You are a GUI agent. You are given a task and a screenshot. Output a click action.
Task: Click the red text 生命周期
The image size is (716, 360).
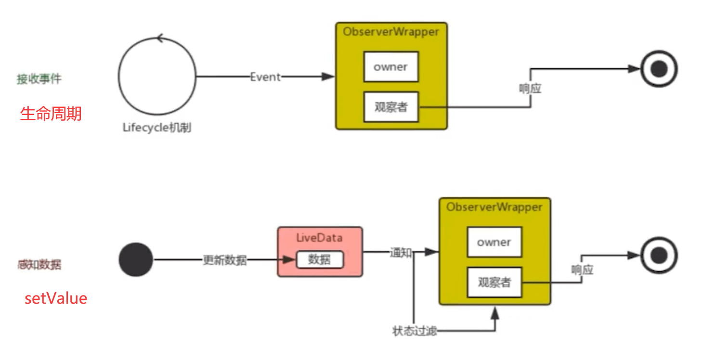pos(51,114)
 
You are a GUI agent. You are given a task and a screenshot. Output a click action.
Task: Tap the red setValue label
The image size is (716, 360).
pos(56,298)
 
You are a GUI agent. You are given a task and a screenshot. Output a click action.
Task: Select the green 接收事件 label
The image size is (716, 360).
pos(39,79)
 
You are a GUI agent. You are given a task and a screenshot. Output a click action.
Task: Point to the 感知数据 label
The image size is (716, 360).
pos(39,264)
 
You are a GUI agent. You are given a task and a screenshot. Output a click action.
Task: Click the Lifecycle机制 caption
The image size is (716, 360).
pos(157,128)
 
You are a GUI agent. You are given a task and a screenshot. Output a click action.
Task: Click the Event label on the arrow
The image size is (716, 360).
pos(265,77)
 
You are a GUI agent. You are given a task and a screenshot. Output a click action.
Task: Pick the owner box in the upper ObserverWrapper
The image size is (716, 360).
pos(391,67)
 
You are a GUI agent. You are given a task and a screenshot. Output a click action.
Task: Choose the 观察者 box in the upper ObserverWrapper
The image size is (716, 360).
pos(391,107)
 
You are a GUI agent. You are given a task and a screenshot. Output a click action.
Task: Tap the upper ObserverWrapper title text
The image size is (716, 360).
pos(391,32)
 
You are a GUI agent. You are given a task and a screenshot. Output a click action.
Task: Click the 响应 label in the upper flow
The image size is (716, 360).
pos(530,89)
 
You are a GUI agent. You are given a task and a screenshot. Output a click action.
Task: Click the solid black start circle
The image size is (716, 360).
pos(136,259)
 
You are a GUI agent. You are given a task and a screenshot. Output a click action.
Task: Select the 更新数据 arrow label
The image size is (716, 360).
pos(225,260)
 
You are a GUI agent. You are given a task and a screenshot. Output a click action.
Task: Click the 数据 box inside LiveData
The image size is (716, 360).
pos(319,260)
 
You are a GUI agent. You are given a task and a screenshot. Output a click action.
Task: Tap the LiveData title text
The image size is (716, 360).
pos(320,238)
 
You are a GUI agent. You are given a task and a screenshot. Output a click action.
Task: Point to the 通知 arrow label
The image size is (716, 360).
pos(401,252)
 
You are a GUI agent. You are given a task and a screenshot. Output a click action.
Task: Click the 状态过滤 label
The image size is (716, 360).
pos(415,331)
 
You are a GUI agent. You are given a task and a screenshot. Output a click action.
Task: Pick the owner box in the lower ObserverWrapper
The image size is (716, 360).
pos(494,242)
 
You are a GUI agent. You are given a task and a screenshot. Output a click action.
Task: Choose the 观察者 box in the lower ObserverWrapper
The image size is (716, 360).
pos(494,282)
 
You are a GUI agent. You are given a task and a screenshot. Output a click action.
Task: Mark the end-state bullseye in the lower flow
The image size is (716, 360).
pos(658,255)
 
